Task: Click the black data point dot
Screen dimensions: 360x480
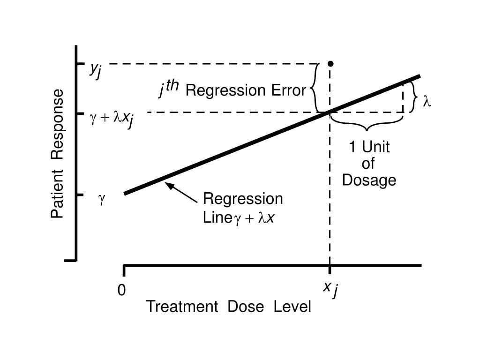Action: pyautogui.click(x=330, y=63)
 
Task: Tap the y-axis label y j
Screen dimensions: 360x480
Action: pyautogui.click(x=96, y=70)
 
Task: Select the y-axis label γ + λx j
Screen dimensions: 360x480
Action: pyautogui.click(x=112, y=119)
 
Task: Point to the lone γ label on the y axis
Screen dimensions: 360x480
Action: pyautogui.click(x=101, y=199)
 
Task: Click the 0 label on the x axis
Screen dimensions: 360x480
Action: pyautogui.click(x=122, y=291)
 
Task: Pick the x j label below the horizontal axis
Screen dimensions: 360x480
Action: pyautogui.click(x=330, y=289)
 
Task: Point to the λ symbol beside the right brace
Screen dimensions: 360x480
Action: pyautogui.click(x=427, y=101)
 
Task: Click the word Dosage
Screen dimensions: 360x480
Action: pyautogui.click(x=369, y=180)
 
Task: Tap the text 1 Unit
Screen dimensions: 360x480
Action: pyautogui.click(x=369, y=147)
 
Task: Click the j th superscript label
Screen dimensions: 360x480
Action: pyautogui.click(x=169, y=88)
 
